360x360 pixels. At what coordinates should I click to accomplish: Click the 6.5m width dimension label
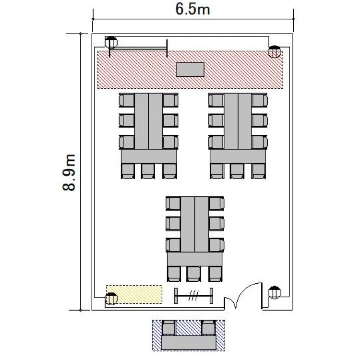coord(192,10)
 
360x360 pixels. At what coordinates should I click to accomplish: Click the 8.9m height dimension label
coord(69,172)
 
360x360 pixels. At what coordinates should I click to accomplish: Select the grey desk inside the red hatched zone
coord(191,69)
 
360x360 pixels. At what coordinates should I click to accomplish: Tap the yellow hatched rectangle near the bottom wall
coord(134,294)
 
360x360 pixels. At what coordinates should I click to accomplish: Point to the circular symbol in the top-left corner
coord(111,42)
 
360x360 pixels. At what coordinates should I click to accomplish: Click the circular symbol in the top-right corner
coord(275,52)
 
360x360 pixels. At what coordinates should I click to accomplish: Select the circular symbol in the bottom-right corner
coord(275,292)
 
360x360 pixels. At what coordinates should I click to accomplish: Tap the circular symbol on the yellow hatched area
coord(111,299)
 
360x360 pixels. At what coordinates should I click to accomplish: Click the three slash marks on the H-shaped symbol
coord(193,296)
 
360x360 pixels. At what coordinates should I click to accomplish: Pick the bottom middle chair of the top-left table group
coord(148,171)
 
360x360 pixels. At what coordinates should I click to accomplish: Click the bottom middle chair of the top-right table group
coord(237,171)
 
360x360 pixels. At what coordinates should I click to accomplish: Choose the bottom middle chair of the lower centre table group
coord(194,274)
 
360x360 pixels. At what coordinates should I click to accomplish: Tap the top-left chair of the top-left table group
coord(127,100)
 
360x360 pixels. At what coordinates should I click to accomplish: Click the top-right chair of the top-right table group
coord(259,100)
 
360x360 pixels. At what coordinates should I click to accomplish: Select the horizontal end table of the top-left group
coord(149,156)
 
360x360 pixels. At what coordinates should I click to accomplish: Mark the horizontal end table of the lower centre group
coord(195,259)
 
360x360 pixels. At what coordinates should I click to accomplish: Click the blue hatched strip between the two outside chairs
coord(189,328)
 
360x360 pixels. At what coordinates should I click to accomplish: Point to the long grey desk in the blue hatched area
coord(189,343)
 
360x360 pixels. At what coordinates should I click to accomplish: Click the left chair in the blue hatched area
coord(168,328)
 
